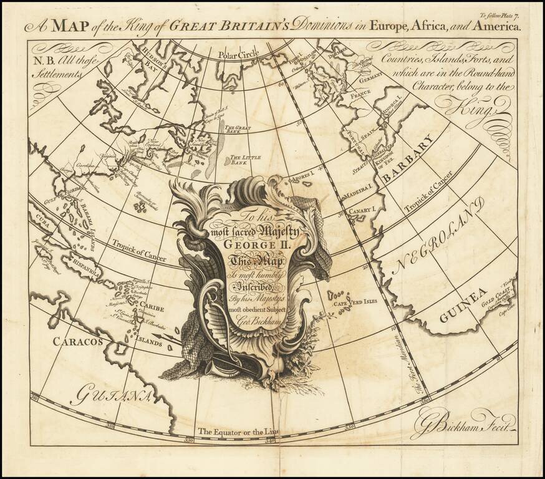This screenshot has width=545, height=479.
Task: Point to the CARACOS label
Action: (77, 341)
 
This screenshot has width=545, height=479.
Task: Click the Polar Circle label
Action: (234, 55)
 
